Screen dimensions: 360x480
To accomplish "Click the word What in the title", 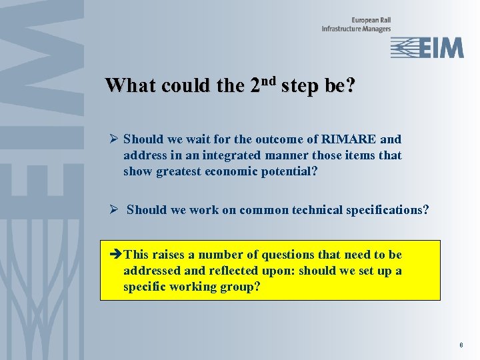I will [131, 86].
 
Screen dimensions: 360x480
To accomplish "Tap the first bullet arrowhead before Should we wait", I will [114, 139].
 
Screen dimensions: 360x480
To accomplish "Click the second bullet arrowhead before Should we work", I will [114, 210].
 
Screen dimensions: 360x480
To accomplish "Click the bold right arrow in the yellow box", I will [115, 255].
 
